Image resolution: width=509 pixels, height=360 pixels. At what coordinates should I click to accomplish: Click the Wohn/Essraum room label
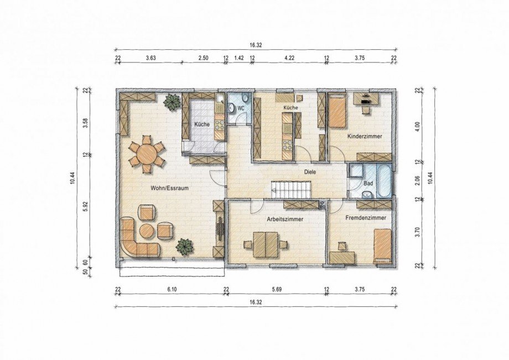pos(169,188)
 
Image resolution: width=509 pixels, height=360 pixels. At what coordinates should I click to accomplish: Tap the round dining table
pos(147,154)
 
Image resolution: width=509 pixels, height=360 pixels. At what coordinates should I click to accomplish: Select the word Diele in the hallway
pos(310,172)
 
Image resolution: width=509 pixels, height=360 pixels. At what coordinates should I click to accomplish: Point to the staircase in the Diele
pos(292,190)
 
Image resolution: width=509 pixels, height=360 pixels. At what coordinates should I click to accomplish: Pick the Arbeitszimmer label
pos(285,219)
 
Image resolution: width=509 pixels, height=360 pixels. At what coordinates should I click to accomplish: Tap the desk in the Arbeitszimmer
pos(266,244)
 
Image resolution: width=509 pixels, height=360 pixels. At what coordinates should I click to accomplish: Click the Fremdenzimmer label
pos(366,218)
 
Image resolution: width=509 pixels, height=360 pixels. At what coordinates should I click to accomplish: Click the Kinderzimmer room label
pos(365,136)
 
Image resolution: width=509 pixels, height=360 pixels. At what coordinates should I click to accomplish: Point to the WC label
pos(241,108)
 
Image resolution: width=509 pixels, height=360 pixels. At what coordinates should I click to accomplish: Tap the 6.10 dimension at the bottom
pos(172,289)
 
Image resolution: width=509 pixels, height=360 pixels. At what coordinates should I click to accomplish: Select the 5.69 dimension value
pos(277,289)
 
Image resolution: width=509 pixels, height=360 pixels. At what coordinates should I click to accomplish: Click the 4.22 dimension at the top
pos(289,58)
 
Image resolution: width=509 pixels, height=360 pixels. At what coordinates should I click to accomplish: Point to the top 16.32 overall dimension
pos(256,45)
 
